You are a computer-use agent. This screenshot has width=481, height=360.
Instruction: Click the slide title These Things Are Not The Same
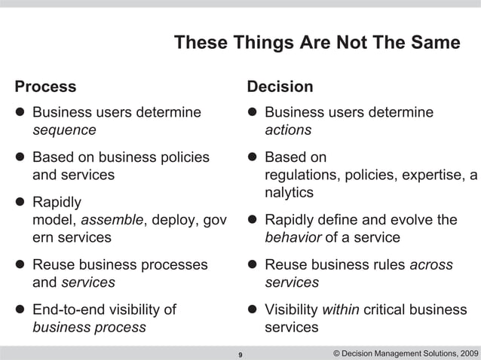coord(317,43)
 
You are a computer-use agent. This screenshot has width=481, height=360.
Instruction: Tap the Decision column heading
coord(280,86)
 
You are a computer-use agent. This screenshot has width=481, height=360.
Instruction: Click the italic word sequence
coord(63,130)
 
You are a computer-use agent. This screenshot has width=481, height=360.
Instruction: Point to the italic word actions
coord(288,130)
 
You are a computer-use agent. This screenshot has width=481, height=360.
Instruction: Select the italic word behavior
coord(293,238)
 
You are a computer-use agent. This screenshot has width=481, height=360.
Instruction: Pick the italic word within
coord(341,310)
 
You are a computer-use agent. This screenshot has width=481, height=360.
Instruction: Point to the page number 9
coord(240,353)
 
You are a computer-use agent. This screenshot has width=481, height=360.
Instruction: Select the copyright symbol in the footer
coord(336,352)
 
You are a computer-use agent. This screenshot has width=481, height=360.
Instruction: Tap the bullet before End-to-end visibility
coord(19,310)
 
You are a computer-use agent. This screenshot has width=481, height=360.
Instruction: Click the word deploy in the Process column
coord(174,221)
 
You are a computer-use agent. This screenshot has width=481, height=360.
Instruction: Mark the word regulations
coord(300,176)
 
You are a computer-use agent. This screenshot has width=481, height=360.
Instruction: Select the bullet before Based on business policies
coord(19,158)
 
